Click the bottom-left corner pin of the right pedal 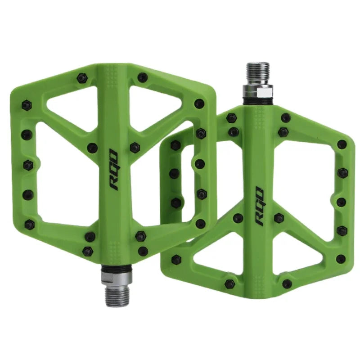(x=175, y=259)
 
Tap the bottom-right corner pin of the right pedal (x=341, y=259)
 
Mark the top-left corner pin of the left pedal (x=27, y=105)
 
